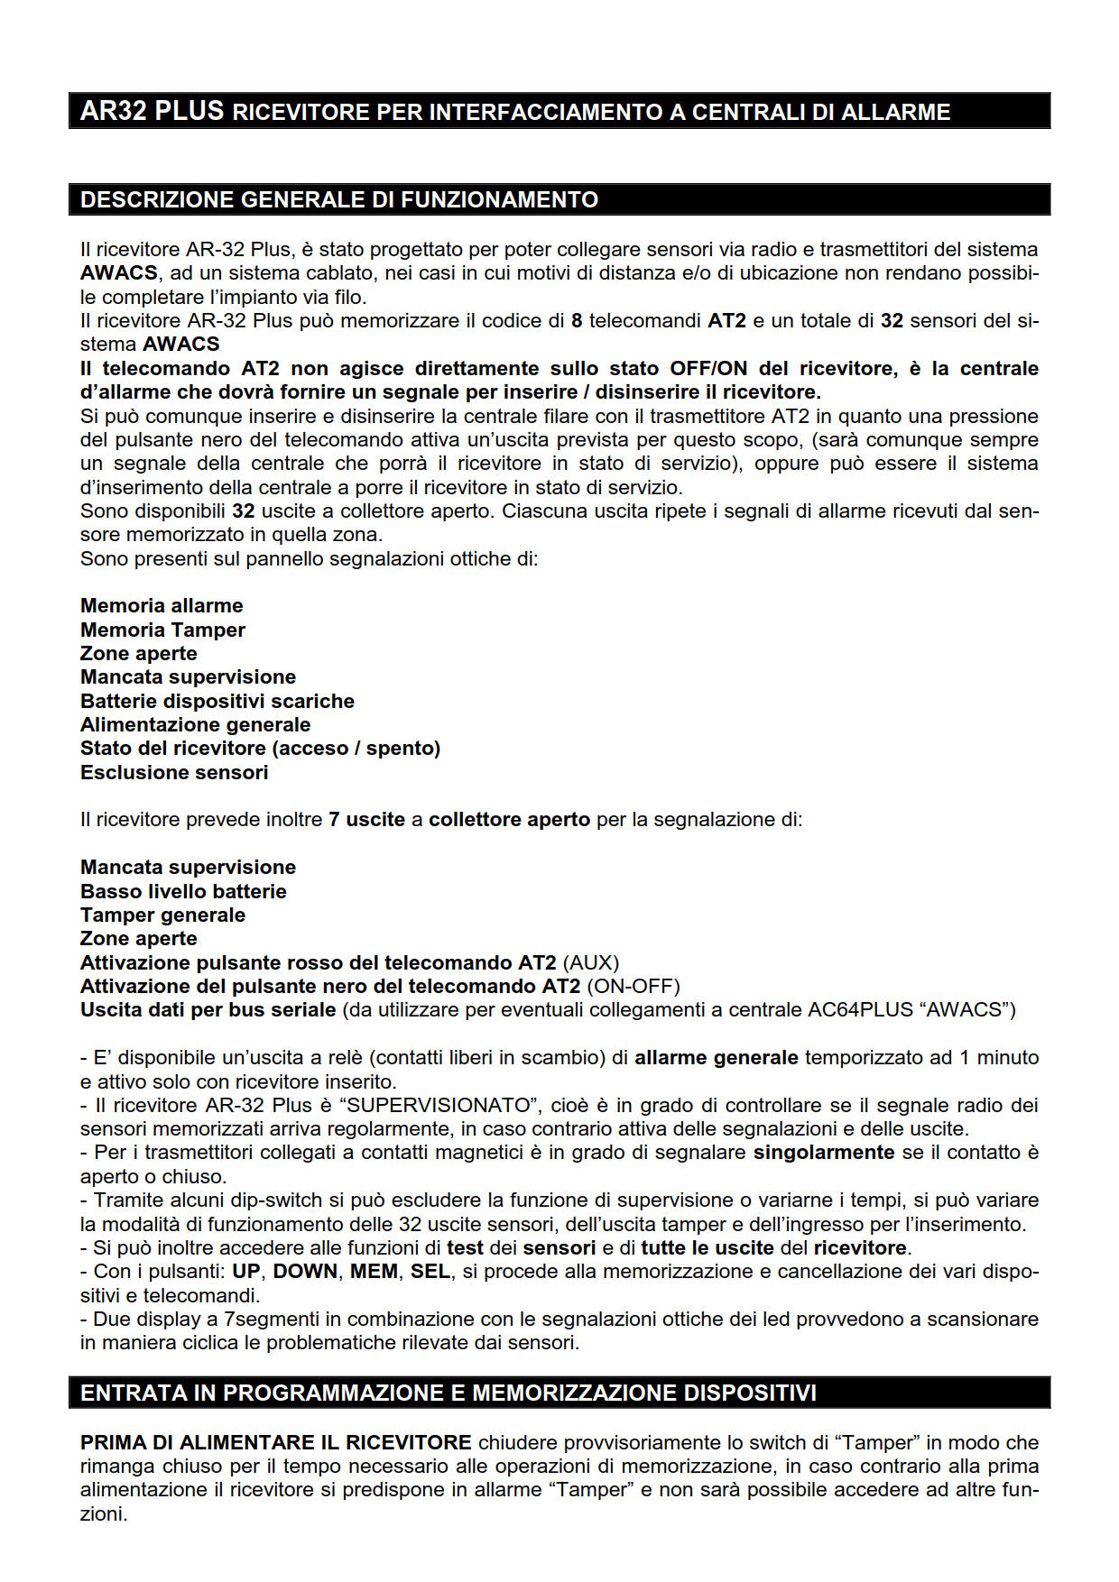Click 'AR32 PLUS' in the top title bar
[152, 111]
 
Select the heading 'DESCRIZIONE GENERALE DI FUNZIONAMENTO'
[338, 199]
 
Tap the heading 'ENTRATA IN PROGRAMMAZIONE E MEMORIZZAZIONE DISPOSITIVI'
[448, 1393]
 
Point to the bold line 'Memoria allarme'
[162, 605]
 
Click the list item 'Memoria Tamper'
[162, 630]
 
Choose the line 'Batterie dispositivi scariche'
[217, 701]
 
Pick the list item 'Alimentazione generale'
[195, 724]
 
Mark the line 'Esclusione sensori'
[174, 772]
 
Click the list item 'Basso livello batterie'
[183, 891]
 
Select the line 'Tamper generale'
[162, 915]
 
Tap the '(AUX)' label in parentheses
[591, 962]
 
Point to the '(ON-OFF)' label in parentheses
[633, 986]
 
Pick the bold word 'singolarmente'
[823, 1152]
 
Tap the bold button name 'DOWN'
[305, 1271]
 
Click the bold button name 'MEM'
[374, 1271]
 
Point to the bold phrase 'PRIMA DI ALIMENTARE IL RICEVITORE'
[275, 1442]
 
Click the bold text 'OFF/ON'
[708, 368]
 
